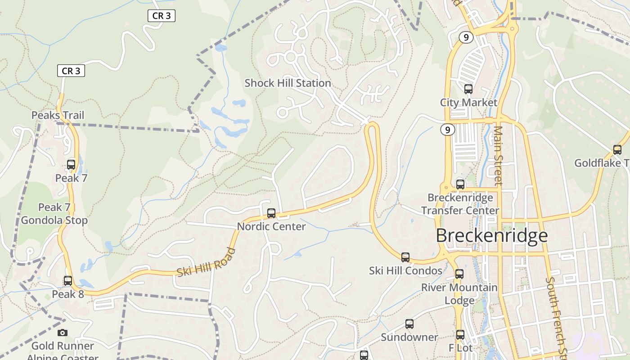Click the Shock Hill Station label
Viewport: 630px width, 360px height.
(288, 83)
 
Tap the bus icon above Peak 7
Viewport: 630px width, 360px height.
(71, 165)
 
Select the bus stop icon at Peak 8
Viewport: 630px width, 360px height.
(68, 281)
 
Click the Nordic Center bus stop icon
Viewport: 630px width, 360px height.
(271, 213)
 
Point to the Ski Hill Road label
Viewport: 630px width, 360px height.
(206, 262)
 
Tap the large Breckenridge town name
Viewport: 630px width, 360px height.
(492, 236)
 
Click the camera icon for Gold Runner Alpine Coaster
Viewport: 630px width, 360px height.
(63, 333)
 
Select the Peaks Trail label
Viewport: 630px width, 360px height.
(58, 115)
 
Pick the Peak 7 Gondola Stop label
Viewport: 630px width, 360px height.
(54, 214)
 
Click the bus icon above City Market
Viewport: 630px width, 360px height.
(468, 89)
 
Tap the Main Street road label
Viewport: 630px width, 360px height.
(498, 155)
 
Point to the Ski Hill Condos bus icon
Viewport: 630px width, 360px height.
(405, 257)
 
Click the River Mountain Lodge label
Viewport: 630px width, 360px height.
(459, 294)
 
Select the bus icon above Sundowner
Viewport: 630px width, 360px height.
(409, 324)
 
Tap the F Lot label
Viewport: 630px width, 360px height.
(460, 348)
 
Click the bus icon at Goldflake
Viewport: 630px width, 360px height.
(617, 150)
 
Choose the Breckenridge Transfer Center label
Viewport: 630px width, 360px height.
(460, 204)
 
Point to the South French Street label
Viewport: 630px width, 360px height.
(555, 315)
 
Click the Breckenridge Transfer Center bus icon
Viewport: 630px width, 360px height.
(460, 184)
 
